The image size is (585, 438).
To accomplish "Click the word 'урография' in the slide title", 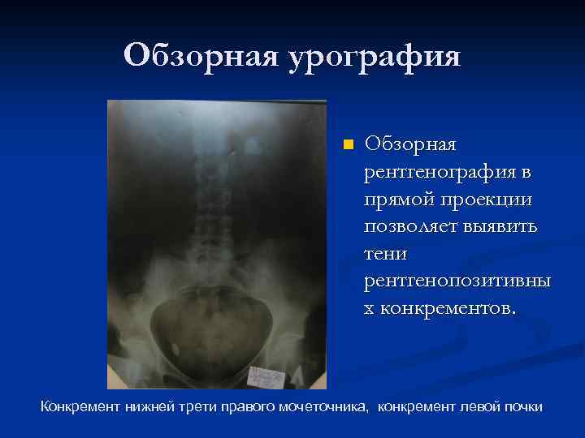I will click(x=374, y=57).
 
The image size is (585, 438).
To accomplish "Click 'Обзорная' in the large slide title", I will click(x=199, y=57).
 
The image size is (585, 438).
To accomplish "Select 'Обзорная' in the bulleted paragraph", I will click(x=411, y=144).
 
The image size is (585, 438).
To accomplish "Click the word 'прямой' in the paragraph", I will click(x=401, y=199).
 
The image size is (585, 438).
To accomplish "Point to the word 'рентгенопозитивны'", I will click(x=457, y=281).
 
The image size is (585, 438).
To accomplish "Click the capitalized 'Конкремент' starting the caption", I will click(x=80, y=406).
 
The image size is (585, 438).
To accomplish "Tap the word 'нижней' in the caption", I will click(x=146, y=406).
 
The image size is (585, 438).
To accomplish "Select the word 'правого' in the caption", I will click(x=236, y=406).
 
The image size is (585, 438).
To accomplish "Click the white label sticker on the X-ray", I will click(x=268, y=376).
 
